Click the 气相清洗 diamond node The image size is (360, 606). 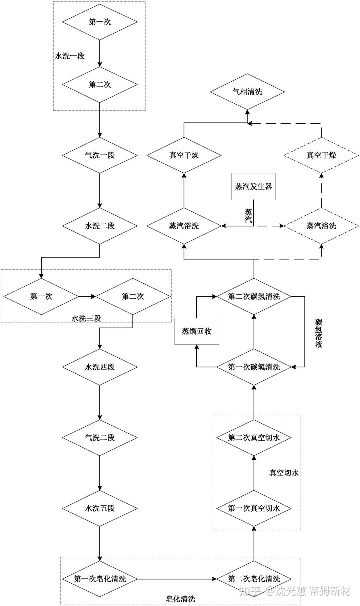pyautogui.click(x=247, y=92)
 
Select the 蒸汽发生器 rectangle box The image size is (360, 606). pyautogui.click(x=254, y=186)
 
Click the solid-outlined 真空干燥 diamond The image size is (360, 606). pyautogui.click(x=184, y=154)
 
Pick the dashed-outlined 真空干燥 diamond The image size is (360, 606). pyautogui.click(x=321, y=154)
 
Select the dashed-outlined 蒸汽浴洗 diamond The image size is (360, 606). pyautogui.click(x=321, y=226)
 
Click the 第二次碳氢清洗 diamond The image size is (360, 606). pyautogui.click(x=254, y=296)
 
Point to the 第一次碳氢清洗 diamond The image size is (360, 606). pyautogui.click(x=254, y=367)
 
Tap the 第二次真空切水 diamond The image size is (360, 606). pyautogui.click(x=254, y=437)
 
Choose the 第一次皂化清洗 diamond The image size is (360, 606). pyautogui.click(x=100, y=579)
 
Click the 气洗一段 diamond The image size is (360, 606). pyautogui.click(x=100, y=154)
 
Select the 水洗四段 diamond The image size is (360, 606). pyautogui.click(x=100, y=367)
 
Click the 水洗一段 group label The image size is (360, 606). pyautogui.click(x=70, y=56)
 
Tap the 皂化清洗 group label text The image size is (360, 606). pyautogui.click(x=180, y=599)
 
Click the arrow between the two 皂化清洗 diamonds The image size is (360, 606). pyautogui.click(x=177, y=579)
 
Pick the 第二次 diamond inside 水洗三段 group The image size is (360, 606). pyautogui.click(x=133, y=296)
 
